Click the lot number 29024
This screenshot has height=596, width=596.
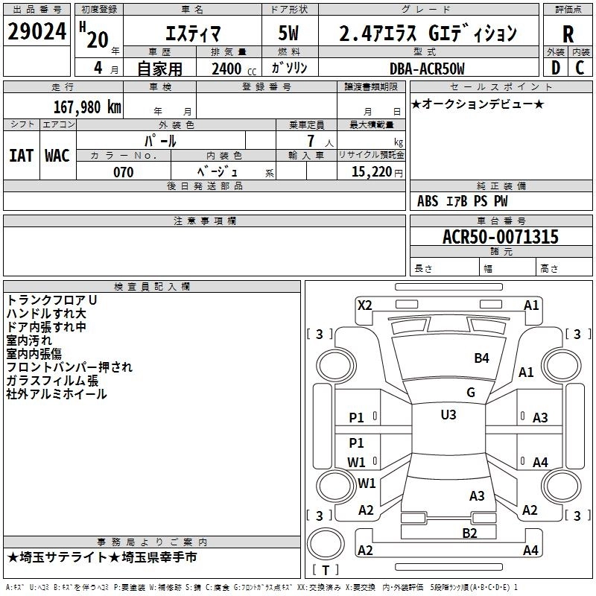pyautogui.click(x=37, y=32)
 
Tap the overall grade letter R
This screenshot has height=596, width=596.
pyautogui.click(x=568, y=34)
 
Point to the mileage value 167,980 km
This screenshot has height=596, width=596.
pyautogui.click(x=87, y=107)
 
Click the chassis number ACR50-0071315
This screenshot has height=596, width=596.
pyautogui.click(x=501, y=237)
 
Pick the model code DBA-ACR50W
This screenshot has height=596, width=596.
pyautogui.click(x=427, y=69)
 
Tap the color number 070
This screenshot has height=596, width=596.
pyautogui.click(x=123, y=172)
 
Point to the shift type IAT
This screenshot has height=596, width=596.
pyautogui.click(x=21, y=155)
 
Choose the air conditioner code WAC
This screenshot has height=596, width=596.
pyautogui.click(x=57, y=155)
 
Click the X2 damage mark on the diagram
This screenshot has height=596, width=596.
pyautogui.click(x=364, y=305)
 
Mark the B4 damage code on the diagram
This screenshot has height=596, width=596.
pyautogui.click(x=482, y=358)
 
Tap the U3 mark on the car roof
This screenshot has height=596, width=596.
pyautogui.click(x=448, y=414)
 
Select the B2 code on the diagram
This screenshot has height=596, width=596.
pyautogui.click(x=469, y=532)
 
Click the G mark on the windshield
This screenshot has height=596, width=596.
pyautogui.click(x=471, y=393)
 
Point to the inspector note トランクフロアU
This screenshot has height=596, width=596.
pyautogui.click(x=52, y=299)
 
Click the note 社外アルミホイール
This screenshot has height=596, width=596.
pyautogui.click(x=57, y=394)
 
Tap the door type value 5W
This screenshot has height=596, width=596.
pyautogui.click(x=289, y=34)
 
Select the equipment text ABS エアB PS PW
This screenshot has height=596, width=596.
pyautogui.click(x=463, y=201)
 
